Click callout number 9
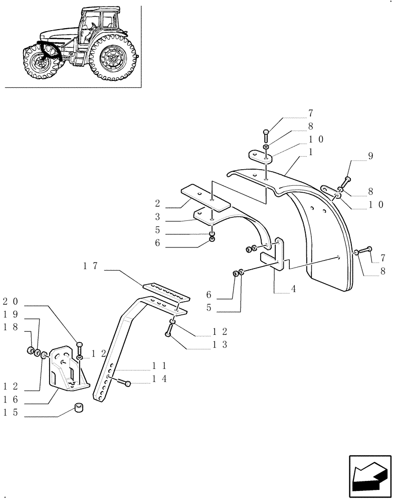pyautogui.click(x=370, y=156)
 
